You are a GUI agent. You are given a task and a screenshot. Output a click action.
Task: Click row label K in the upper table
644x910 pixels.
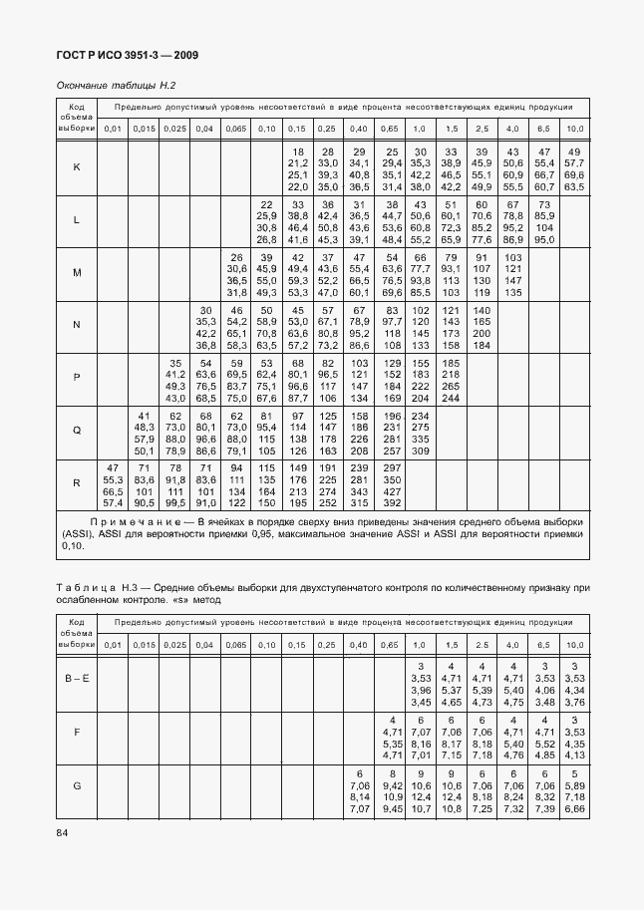pos(77,166)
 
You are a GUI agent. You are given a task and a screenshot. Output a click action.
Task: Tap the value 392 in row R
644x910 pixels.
pos(420,503)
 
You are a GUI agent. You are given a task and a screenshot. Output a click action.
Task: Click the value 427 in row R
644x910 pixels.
pos(420,491)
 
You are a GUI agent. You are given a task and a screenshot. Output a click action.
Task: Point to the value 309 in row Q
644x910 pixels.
pos(420,451)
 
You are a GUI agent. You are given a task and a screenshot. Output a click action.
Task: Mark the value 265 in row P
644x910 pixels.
pos(451,386)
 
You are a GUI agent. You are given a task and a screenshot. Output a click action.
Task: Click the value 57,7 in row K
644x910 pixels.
pos(574,161)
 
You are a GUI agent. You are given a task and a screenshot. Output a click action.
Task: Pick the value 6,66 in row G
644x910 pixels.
pos(574,810)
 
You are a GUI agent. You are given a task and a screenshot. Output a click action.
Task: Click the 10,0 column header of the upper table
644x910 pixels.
pos(575,129)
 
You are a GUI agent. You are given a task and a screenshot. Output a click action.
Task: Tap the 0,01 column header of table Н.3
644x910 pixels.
pos(113,646)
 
